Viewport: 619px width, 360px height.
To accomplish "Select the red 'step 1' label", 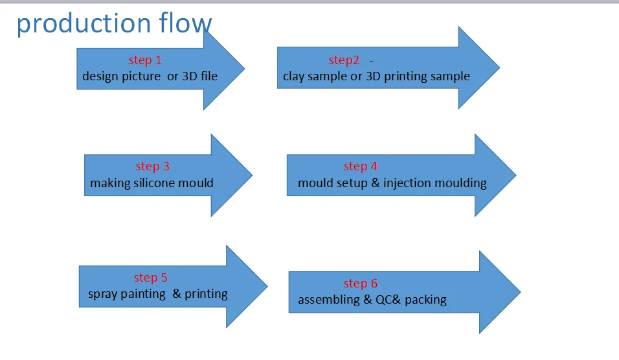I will click(x=145, y=60).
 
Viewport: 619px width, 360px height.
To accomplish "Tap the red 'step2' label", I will click(x=344, y=60).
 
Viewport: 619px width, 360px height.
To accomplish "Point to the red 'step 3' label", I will click(x=153, y=166).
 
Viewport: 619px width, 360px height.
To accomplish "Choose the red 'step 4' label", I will click(x=361, y=166).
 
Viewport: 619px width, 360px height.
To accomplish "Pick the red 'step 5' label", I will click(x=151, y=278).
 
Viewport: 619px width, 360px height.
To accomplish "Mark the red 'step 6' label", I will click(x=361, y=284).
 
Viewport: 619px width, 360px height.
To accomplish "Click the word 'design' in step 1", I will click(x=101, y=76).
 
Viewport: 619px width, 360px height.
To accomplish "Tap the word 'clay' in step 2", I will click(x=295, y=76).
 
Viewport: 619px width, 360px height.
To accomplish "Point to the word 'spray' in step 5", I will click(x=103, y=294).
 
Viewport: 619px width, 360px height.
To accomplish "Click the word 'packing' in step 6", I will click(x=425, y=300).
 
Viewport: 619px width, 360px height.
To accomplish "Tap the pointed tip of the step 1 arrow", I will click(x=243, y=68).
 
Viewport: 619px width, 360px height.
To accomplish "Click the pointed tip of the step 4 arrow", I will click(x=515, y=175).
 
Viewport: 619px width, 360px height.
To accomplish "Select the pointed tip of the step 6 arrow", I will click(x=519, y=292).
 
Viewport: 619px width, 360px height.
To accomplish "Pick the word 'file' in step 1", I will click(x=207, y=76).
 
